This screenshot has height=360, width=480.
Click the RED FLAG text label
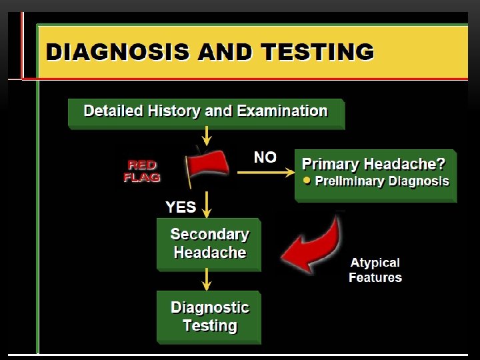point(142,171)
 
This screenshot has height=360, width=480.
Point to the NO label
point(265,157)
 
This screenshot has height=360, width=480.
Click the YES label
point(181,207)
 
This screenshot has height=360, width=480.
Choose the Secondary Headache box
point(209,244)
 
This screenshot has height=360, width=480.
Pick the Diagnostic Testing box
point(209,317)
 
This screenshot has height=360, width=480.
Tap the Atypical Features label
point(375,270)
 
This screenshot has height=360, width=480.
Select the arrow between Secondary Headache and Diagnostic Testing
point(207,279)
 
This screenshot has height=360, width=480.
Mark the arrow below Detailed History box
point(207,137)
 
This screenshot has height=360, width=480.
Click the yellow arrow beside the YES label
point(207,205)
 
